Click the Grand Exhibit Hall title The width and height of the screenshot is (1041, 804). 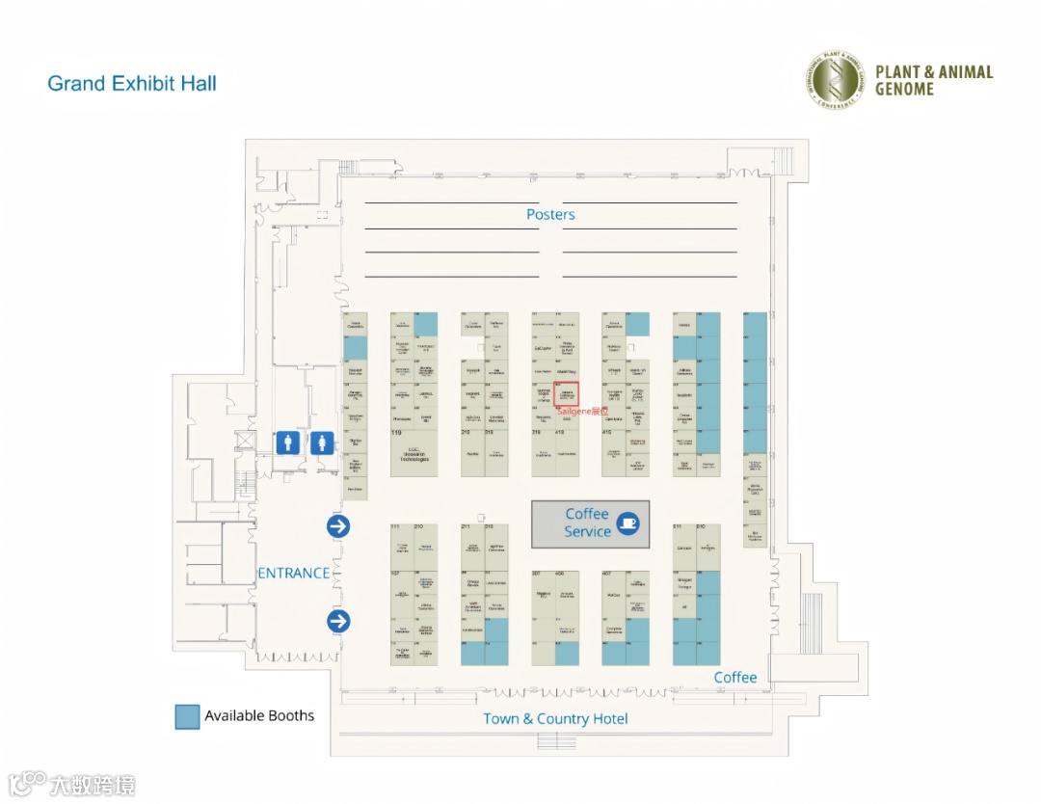pos(132,84)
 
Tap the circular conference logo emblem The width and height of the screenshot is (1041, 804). pos(835,79)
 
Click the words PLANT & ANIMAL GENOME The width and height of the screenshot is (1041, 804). pos(933,80)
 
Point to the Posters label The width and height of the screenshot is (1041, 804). pos(550,214)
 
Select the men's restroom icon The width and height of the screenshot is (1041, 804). pos(287,442)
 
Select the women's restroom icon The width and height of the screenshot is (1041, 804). pos(322,442)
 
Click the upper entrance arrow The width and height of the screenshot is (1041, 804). pos(338,525)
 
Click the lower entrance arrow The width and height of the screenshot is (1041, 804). pos(338,621)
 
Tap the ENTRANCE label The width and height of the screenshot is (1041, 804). pos(293,573)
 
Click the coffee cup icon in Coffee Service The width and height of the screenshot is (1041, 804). pos(627,523)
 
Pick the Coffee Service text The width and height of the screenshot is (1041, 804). pos(587,523)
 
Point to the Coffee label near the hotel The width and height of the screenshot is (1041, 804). pos(735,678)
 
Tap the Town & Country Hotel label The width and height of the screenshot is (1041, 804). pos(555,718)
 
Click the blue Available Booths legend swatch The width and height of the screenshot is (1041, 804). pos(187,716)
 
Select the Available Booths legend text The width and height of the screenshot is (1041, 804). pos(259,716)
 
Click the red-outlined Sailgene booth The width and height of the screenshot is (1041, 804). pos(567,393)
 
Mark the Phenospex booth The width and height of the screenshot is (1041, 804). pos(402,419)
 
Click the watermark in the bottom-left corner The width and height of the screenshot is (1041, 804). pos(72,784)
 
